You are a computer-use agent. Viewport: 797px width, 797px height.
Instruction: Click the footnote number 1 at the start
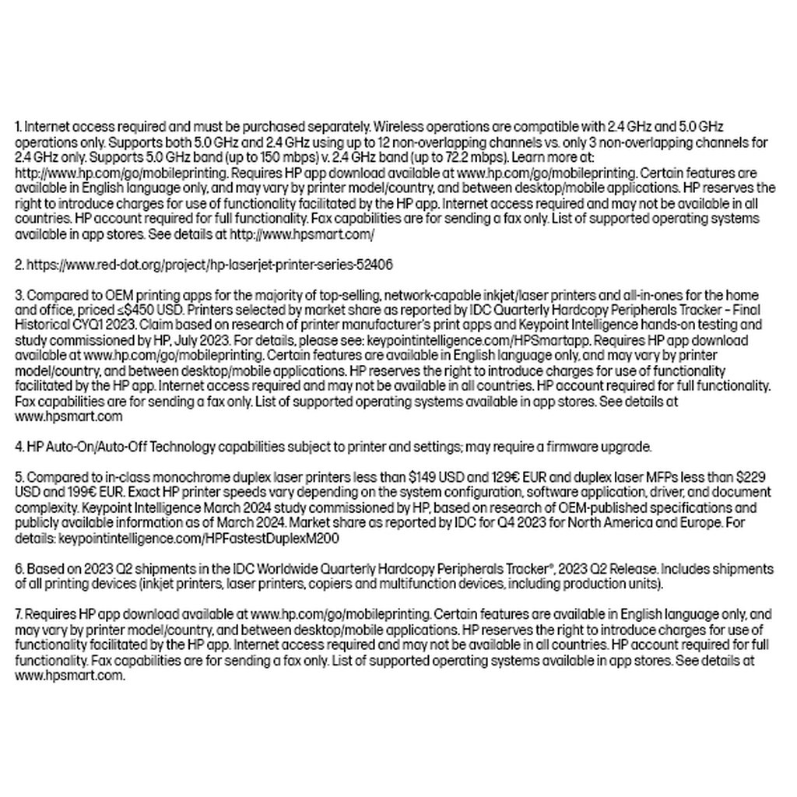[18, 126]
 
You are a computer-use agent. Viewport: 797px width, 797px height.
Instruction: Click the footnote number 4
[19, 447]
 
